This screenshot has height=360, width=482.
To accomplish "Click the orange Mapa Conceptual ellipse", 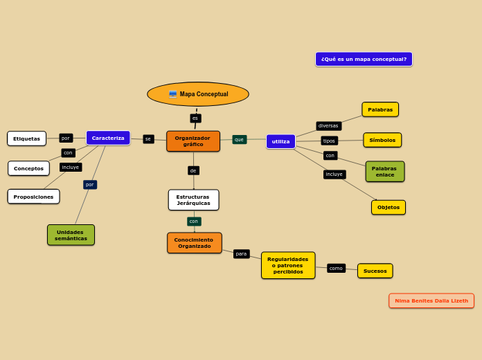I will [x=198, y=94].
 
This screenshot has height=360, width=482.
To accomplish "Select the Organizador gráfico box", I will [x=193, y=141].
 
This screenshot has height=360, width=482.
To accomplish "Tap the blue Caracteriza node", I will [x=108, y=138].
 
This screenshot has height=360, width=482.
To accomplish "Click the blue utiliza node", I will [x=280, y=141].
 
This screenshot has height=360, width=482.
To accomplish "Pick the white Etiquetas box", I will [x=27, y=138].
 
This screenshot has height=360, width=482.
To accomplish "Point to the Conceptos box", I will [x=28, y=168].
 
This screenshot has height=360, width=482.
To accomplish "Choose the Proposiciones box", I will [x=33, y=197].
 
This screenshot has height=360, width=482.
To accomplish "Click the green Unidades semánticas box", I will [x=71, y=235].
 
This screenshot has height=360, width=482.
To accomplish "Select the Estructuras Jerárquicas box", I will [x=193, y=200].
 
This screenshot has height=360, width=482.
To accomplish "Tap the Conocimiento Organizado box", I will [x=194, y=243].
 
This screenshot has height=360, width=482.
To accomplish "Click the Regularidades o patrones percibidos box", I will [x=288, y=265].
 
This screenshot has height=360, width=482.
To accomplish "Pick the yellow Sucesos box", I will [x=375, y=271].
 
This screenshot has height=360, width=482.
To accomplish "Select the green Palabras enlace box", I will [x=384, y=172].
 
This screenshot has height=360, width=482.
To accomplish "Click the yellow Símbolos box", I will [x=382, y=140].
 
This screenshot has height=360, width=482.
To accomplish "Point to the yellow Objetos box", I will [x=388, y=207].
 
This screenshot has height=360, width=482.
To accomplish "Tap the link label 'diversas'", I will [x=328, y=126].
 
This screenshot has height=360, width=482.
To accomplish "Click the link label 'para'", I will [x=241, y=254].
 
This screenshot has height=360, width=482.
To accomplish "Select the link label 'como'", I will [x=336, y=268].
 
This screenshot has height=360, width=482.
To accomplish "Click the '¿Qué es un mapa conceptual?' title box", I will [x=364, y=60].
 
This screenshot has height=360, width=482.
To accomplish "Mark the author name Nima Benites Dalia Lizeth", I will [x=431, y=300].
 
